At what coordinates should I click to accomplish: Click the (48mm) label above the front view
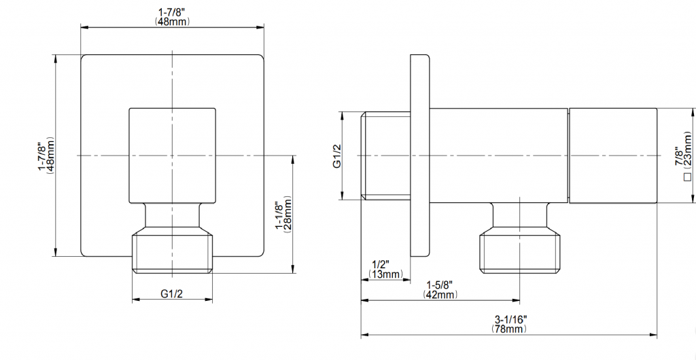pos(173,22)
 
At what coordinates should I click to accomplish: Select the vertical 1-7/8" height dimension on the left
pos(41,156)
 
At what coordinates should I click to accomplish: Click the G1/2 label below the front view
pos(173,293)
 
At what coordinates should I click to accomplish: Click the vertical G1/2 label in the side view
pos(336,156)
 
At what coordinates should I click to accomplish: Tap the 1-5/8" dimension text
pos(440,285)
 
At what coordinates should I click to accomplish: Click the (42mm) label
pos(440,295)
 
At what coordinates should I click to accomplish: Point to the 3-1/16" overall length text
pos(510,319)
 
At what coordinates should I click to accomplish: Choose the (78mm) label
pos(510,329)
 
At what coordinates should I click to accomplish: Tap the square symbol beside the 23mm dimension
pos(687,178)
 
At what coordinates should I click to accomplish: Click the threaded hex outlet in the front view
pos(173,253)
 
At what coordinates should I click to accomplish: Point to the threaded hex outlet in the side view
pos(520,253)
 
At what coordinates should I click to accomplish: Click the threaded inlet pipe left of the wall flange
pos(385,156)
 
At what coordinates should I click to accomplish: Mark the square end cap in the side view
pos(613,156)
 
